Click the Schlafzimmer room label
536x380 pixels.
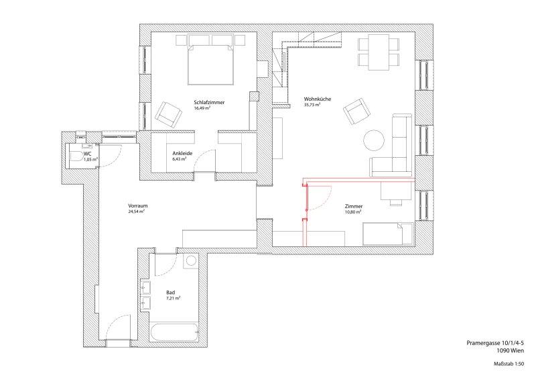tap(209, 103)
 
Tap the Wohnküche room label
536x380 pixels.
tap(318, 99)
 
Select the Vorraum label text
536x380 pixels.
tap(138, 206)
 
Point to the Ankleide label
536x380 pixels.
tap(182, 154)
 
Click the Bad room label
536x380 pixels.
tap(171, 292)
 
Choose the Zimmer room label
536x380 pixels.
tap(354, 206)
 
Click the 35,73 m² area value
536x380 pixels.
tap(312, 105)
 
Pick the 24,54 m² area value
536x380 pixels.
tap(136, 211)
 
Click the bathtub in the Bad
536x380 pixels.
tap(174, 332)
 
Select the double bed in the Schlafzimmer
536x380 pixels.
tap(210, 64)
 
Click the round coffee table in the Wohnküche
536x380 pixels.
tap(374, 140)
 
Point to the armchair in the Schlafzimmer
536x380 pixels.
tap(168, 114)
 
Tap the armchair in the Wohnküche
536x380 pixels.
tap(357, 111)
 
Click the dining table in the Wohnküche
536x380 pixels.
tap(379, 52)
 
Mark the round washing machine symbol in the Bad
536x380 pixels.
tap(191, 261)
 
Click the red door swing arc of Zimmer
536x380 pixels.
tap(325, 199)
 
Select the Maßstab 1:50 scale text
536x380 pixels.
tap(509, 364)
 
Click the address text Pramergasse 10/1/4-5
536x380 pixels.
tap(495, 343)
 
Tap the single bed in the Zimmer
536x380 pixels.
tap(388, 234)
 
